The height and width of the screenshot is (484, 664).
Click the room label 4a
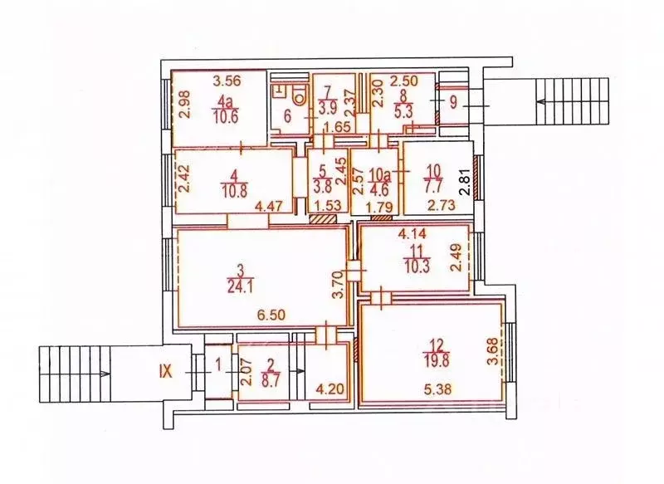point(224,101)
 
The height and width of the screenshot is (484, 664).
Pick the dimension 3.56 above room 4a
point(227,81)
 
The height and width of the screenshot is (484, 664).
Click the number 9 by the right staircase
point(453,104)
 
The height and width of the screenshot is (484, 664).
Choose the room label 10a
point(379,174)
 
